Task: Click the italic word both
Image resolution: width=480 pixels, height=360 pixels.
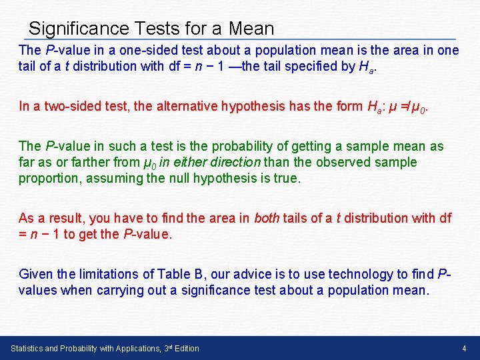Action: tap(267, 218)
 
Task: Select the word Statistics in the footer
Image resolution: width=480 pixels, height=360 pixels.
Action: tap(31, 349)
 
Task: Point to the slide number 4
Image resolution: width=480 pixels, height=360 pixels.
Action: tap(463, 349)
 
